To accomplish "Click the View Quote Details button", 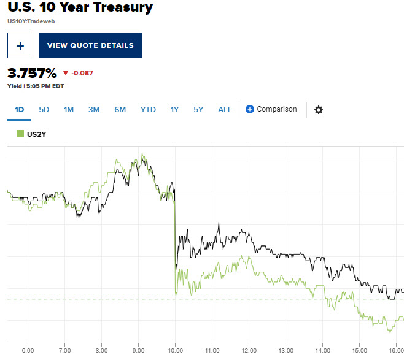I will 90,45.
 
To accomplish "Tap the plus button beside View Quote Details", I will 20,45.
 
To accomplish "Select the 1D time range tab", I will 19,110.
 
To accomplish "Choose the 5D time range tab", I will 44,110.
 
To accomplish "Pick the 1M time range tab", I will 69,110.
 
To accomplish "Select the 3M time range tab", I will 94,110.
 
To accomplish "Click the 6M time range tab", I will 120,110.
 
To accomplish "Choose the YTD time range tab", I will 148,110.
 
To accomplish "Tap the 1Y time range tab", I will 174,110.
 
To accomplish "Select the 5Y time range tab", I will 198,110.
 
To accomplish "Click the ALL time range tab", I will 225,110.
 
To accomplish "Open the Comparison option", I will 271,109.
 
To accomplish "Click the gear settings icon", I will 318,110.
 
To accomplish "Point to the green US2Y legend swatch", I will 20,133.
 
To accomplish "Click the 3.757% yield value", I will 31,73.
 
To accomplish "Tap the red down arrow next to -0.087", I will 66,73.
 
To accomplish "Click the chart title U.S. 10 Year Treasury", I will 80,9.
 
